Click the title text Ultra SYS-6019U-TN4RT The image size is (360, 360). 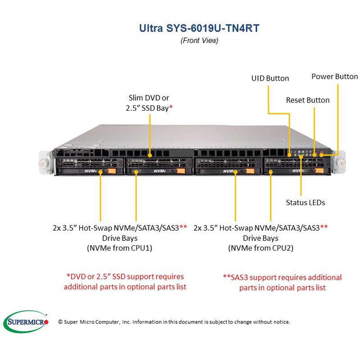click(x=199, y=27)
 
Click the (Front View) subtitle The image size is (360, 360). click(x=199, y=40)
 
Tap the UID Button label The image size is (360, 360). click(x=270, y=78)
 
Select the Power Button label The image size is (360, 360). click(x=334, y=76)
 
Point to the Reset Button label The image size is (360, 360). click(x=308, y=100)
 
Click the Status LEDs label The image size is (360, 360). click(x=306, y=202)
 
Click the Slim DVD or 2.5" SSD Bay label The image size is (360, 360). click(x=149, y=103)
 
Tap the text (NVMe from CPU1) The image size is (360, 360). click(x=120, y=248)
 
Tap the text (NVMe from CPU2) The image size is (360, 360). click(x=261, y=248)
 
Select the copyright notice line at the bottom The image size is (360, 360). click(x=174, y=322)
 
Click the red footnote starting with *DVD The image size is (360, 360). click(x=125, y=282)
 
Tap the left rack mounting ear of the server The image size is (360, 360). click(x=44, y=161)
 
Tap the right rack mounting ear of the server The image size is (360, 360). click(x=341, y=160)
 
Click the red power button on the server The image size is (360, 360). click(x=322, y=153)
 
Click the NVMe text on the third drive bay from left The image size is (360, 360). click(x=229, y=171)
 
